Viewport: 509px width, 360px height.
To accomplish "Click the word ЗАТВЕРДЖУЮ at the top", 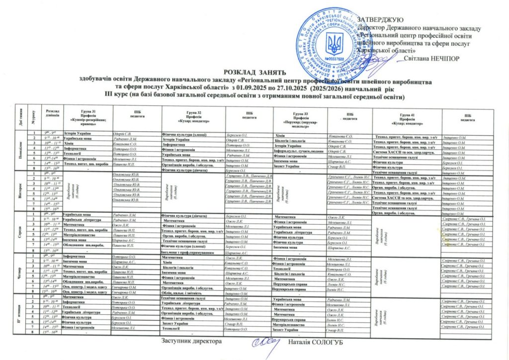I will pyautogui.click(x=382, y=19).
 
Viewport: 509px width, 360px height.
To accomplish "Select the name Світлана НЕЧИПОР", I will pyautogui.click(x=432, y=58).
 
